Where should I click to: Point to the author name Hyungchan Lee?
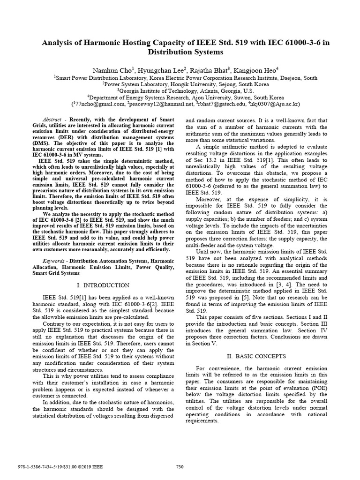pos(160,69)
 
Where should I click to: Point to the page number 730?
pos(180,466)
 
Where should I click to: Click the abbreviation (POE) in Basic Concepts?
pos(331,389)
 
